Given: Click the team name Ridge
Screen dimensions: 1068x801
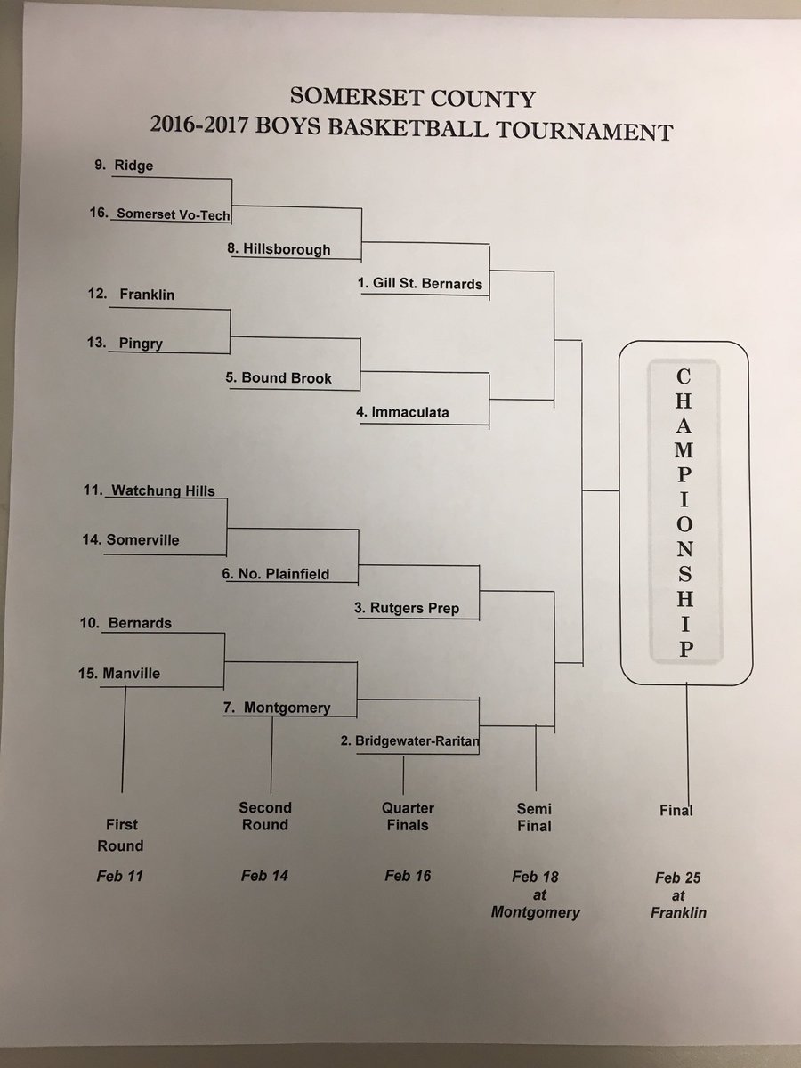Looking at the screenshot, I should tap(134, 166).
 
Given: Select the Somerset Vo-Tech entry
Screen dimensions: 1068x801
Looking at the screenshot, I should tap(174, 214).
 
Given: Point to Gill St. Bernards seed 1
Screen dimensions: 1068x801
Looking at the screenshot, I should tap(419, 284).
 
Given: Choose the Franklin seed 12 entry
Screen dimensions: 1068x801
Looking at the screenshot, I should tap(146, 294).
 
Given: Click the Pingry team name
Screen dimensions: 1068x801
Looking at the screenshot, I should tap(140, 344).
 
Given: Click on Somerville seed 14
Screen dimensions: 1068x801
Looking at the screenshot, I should tap(142, 539).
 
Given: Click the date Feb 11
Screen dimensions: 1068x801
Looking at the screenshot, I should tap(120, 876).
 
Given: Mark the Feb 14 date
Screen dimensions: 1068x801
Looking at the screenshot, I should tap(264, 876).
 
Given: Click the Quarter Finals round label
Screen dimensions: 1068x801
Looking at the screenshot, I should tap(408, 816).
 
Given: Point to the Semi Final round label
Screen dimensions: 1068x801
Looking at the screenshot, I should tap(534, 817).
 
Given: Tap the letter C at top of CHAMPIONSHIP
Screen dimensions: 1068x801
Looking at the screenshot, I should tap(684, 377).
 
